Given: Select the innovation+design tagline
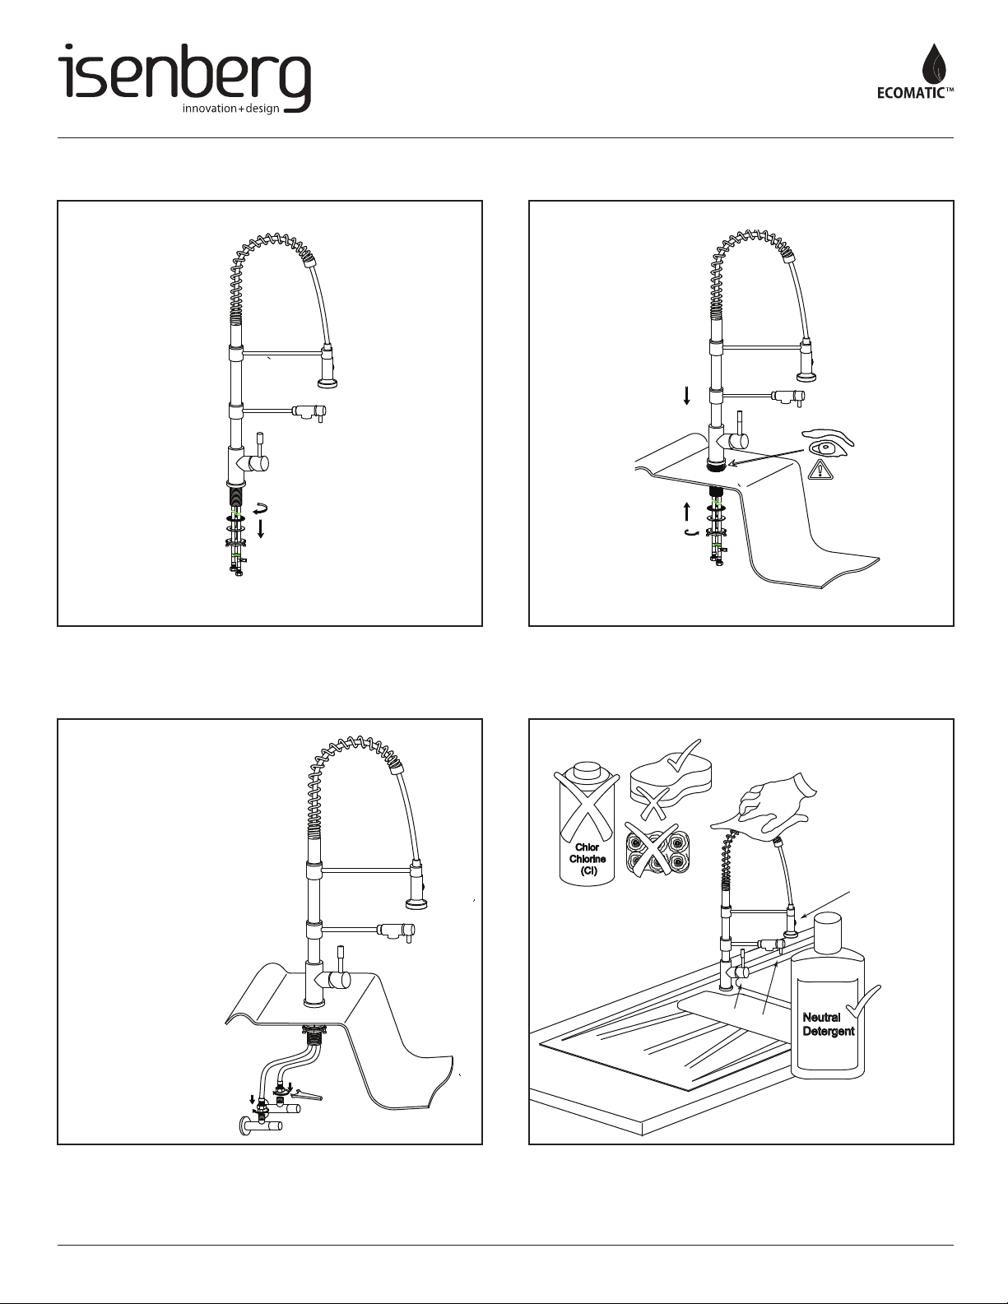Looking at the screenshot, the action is pos(231,109).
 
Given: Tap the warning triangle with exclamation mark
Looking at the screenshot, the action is pos(820,469).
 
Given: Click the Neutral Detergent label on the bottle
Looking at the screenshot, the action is pos(828,1024).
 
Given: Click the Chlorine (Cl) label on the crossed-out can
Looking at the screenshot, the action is pos(588,860).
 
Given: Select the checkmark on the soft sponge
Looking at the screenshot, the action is pos(683,755).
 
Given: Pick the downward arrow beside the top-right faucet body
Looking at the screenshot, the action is pos(687,396).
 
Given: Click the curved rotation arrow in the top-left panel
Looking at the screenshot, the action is pos(260,509).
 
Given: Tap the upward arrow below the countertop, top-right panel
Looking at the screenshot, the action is pos(687,511).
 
